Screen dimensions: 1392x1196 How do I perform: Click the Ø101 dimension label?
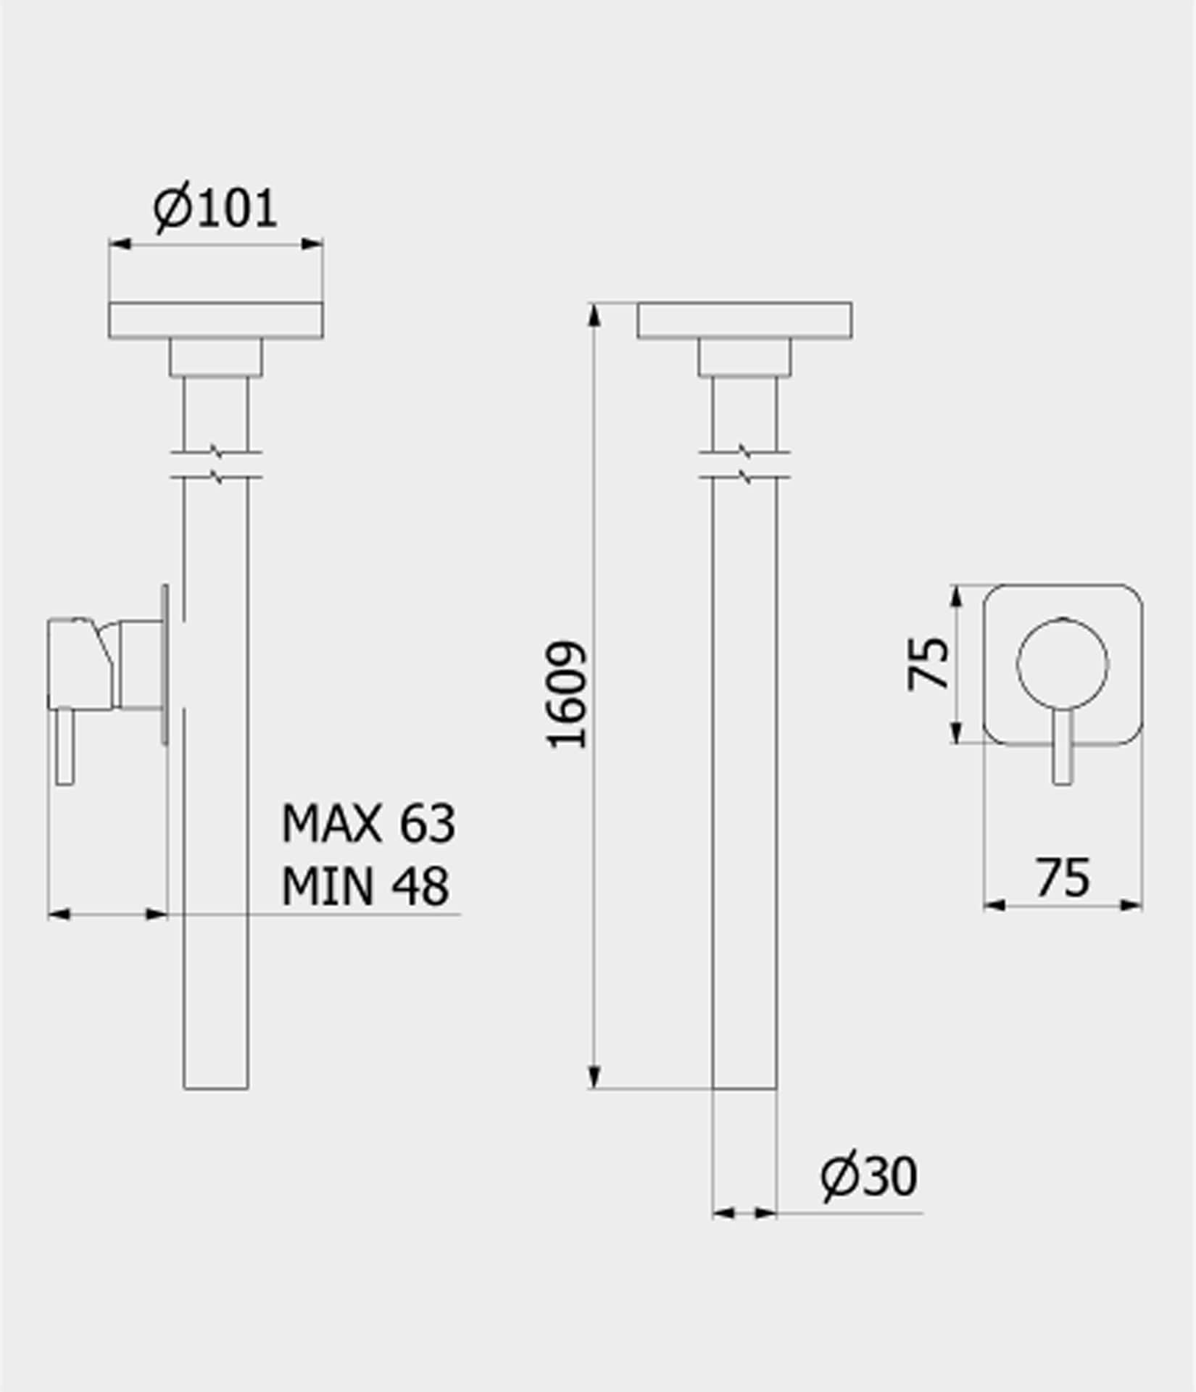point(215,209)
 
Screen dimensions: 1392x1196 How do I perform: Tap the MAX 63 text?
point(368,823)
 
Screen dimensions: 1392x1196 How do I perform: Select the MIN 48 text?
point(365,885)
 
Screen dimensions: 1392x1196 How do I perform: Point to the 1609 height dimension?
point(566,695)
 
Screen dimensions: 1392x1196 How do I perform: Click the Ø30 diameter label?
point(868,1175)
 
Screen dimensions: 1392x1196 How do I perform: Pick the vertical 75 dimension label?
point(929,663)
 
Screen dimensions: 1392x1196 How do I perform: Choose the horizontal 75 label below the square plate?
point(1062,878)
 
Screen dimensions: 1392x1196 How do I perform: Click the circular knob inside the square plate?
point(1062,663)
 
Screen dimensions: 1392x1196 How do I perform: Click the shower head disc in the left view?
point(215,320)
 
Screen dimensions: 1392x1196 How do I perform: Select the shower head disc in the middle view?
point(744,320)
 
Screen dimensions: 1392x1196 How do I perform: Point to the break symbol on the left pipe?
point(216,464)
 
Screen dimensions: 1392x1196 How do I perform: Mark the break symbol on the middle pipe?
point(745,464)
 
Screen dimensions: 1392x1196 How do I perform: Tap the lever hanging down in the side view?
point(65,746)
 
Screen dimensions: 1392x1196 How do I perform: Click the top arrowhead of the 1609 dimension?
point(594,313)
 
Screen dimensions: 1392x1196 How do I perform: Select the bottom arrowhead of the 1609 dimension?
point(594,1078)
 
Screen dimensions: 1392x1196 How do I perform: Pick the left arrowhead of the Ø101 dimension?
point(119,243)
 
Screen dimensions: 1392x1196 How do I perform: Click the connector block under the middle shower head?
point(744,357)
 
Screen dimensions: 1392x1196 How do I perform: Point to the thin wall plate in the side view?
point(165,664)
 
